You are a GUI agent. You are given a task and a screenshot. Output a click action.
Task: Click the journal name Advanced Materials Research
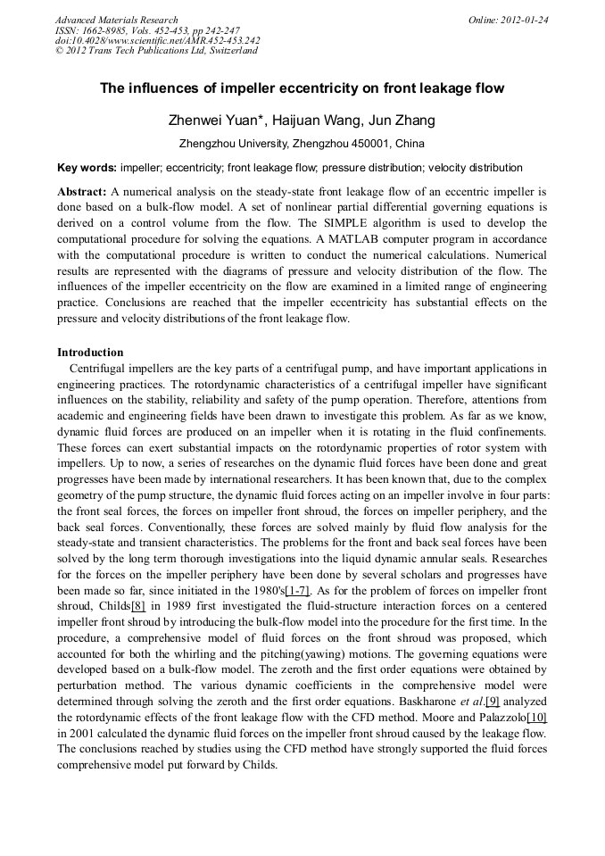pos(116,20)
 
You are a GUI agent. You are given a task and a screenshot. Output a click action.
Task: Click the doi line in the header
pos(157,40)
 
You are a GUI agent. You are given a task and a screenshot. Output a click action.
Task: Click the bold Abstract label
pos(82,192)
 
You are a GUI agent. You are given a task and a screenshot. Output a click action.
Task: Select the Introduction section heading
pos(90,353)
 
